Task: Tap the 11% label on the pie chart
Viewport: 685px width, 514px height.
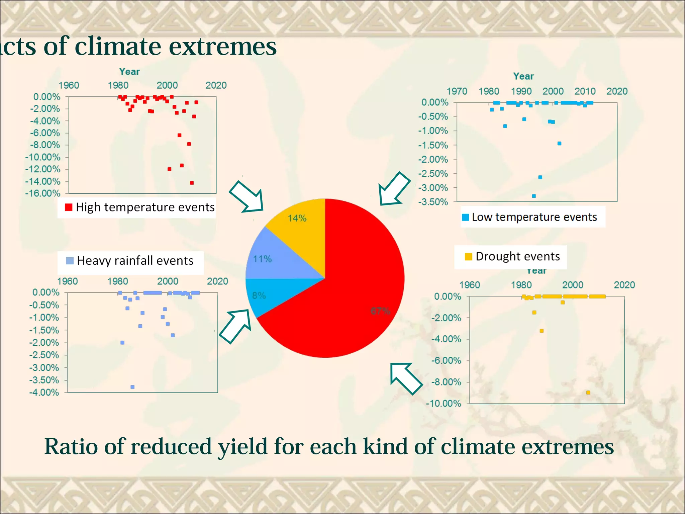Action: coord(262,259)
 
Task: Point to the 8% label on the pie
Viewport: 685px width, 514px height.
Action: coord(259,295)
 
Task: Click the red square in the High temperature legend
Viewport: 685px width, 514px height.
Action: coord(69,207)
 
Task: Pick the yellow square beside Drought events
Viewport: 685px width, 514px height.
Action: coord(468,257)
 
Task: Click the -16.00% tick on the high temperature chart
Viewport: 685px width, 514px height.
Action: coord(43,193)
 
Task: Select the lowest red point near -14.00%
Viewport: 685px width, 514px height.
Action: coord(192,183)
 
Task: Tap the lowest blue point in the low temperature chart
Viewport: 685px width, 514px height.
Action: coord(534,196)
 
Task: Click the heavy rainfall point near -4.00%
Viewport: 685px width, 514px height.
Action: coord(132,387)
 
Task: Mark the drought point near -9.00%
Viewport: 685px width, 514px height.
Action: coord(588,393)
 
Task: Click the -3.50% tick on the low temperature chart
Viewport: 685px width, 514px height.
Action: coord(433,202)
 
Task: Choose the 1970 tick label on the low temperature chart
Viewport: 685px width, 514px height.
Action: coord(457,91)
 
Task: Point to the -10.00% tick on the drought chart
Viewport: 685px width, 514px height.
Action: coord(444,404)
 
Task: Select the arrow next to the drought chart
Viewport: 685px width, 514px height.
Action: coord(406,378)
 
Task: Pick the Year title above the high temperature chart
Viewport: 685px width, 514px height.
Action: coord(129,72)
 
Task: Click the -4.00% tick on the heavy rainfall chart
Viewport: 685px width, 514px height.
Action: coord(44,393)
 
